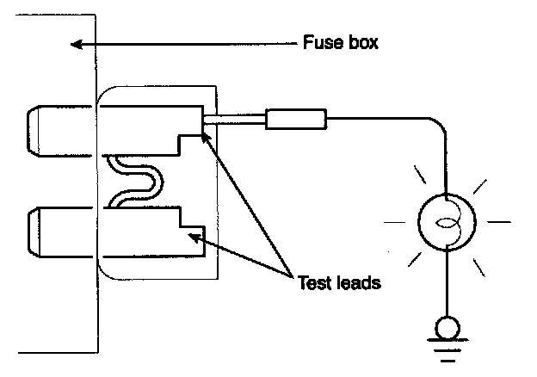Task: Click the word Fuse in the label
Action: [x=323, y=42]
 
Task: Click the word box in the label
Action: [x=363, y=42]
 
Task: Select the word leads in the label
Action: [x=359, y=283]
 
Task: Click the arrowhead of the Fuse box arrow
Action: [x=76, y=44]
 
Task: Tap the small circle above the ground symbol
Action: [x=447, y=328]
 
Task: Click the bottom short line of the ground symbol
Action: [x=447, y=361]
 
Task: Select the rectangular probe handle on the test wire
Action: [x=296, y=119]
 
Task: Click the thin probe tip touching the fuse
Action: [x=234, y=119]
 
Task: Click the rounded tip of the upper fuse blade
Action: [x=33, y=131]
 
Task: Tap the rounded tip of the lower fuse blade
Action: [x=34, y=232]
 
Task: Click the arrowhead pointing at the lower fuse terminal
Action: [x=194, y=237]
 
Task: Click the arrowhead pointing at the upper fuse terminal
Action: [x=205, y=138]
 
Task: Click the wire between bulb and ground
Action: [x=447, y=284]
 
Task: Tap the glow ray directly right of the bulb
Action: [x=499, y=222]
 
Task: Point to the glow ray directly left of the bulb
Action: [x=394, y=222]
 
